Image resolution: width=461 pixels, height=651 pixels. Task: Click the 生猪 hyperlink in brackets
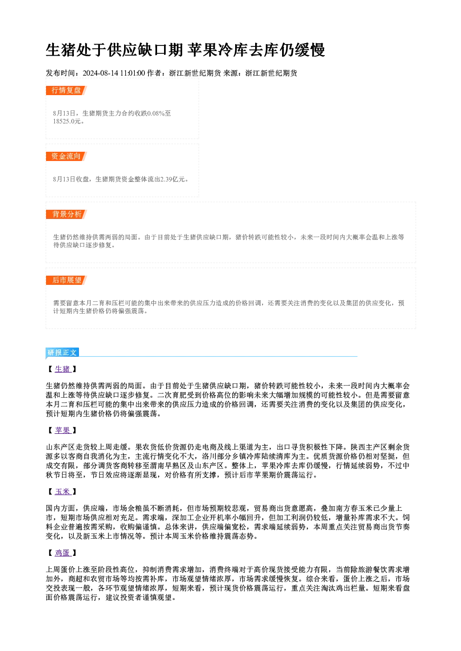[x=63, y=369]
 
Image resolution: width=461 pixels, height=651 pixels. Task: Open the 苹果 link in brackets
[x=63, y=430]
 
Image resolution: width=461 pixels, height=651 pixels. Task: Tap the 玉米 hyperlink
[x=63, y=491]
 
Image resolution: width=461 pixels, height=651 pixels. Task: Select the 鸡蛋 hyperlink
[x=63, y=553]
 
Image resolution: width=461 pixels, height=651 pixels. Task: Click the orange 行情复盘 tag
[x=66, y=90]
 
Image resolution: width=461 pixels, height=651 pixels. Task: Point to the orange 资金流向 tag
[x=66, y=156]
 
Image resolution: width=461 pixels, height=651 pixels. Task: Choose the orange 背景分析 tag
[x=66, y=214]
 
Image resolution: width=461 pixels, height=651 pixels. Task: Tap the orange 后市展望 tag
[x=66, y=280]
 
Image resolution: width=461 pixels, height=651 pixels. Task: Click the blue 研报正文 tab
[x=62, y=353]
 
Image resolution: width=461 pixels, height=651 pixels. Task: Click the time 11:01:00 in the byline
[x=132, y=73]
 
